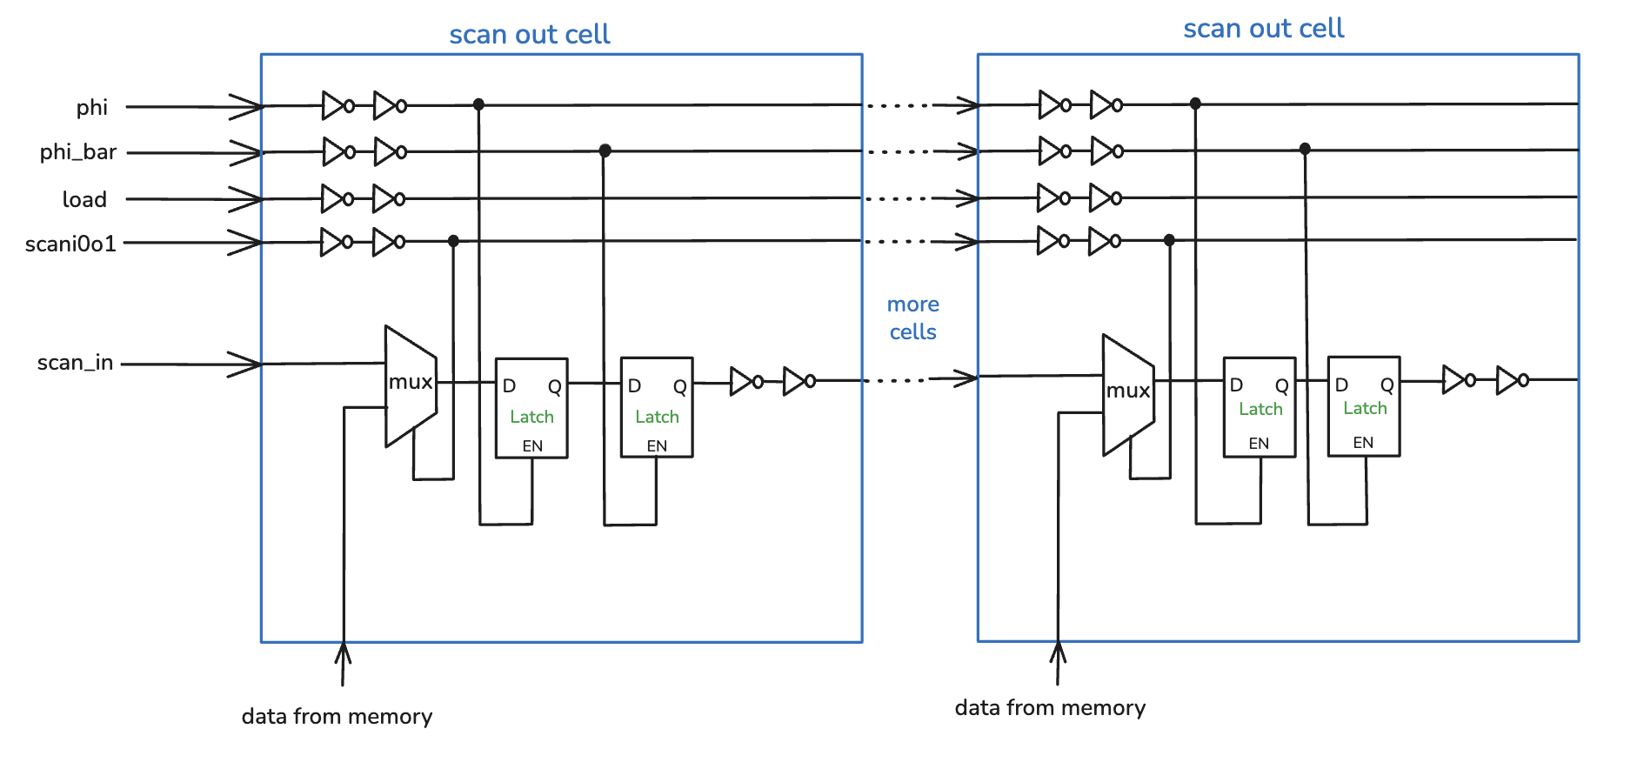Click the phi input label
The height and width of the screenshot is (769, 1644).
tap(91, 108)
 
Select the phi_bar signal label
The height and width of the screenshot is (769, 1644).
tap(77, 152)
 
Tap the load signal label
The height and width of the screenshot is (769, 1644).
tap(84, 199)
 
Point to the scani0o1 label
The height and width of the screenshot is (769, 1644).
tap(70, 244)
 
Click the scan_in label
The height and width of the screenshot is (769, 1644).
tap(75, 363)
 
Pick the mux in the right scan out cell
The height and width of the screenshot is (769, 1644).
tap(1127, 393)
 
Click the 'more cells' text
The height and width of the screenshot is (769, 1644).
tap(912, 318)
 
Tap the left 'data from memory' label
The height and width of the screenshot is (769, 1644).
tap(337, 717)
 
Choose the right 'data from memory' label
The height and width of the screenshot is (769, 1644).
tap(1050, 708)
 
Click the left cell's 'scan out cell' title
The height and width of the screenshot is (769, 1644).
tap(529, 35)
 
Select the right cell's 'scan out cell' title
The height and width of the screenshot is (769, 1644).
tap(1263, 29)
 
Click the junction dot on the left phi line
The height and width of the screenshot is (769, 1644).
tap(478, 104)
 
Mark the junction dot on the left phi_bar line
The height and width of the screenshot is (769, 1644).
tap(605, 150)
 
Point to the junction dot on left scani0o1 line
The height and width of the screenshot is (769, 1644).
tap(453, 241)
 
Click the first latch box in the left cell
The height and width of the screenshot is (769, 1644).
tap(531, 407)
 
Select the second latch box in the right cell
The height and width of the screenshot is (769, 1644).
tap(1363, 405)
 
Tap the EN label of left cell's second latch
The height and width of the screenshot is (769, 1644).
tap(657, 446)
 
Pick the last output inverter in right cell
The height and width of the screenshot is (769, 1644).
tap(1511, 380)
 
